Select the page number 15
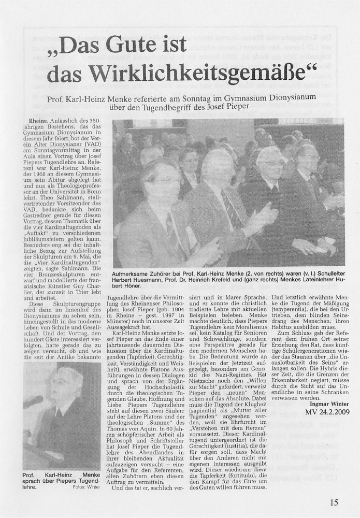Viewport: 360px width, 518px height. (334, 501)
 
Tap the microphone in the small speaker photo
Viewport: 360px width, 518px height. (33, 402)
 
